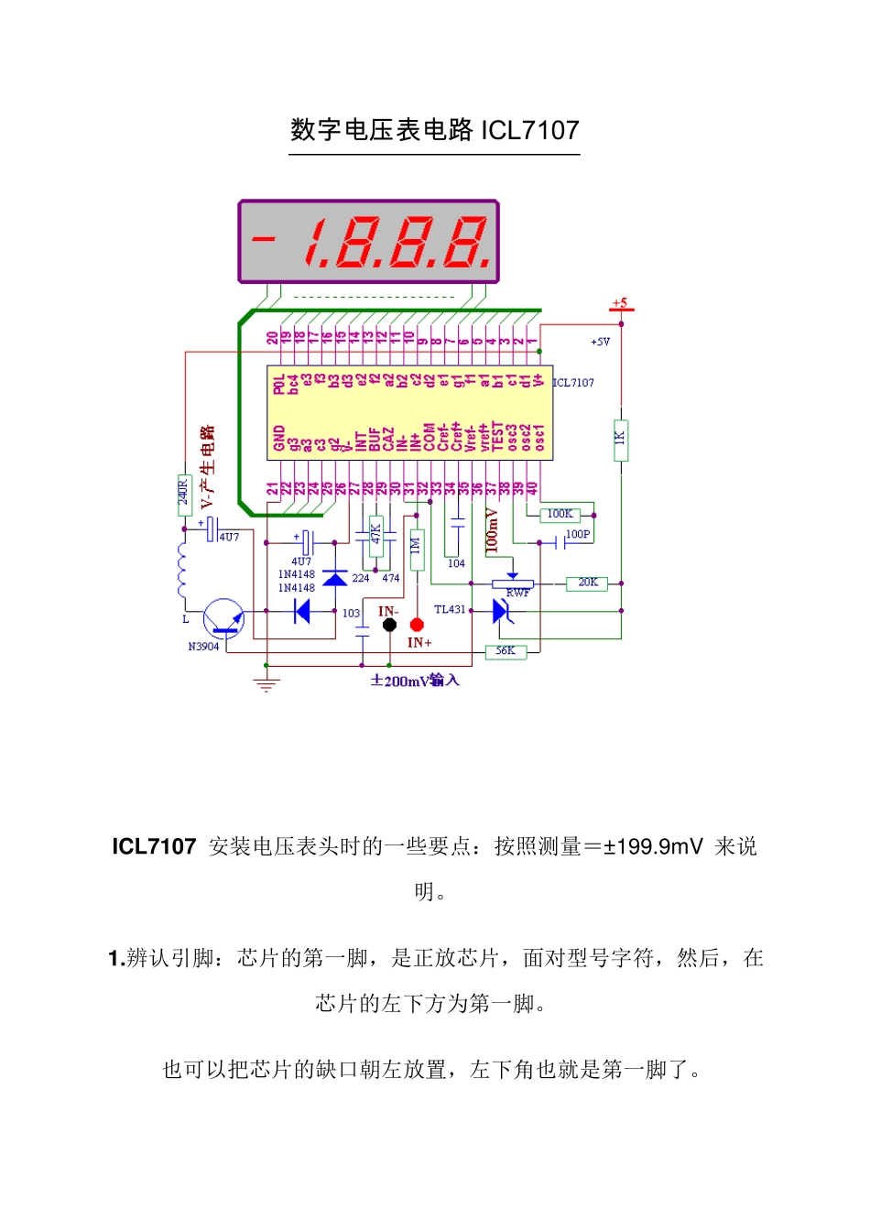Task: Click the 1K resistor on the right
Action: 620,437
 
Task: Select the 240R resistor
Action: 183,495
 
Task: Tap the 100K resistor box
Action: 560,515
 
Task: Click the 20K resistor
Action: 587,583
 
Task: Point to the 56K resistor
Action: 506,651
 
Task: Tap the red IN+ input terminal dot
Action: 417,625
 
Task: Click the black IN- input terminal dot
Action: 389,625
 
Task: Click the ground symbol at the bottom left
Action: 266,683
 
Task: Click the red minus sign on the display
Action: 264,240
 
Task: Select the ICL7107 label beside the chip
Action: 574,383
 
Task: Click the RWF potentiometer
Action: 513,583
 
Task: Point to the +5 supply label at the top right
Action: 620,303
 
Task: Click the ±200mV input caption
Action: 415,681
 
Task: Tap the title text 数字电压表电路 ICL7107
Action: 435,130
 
